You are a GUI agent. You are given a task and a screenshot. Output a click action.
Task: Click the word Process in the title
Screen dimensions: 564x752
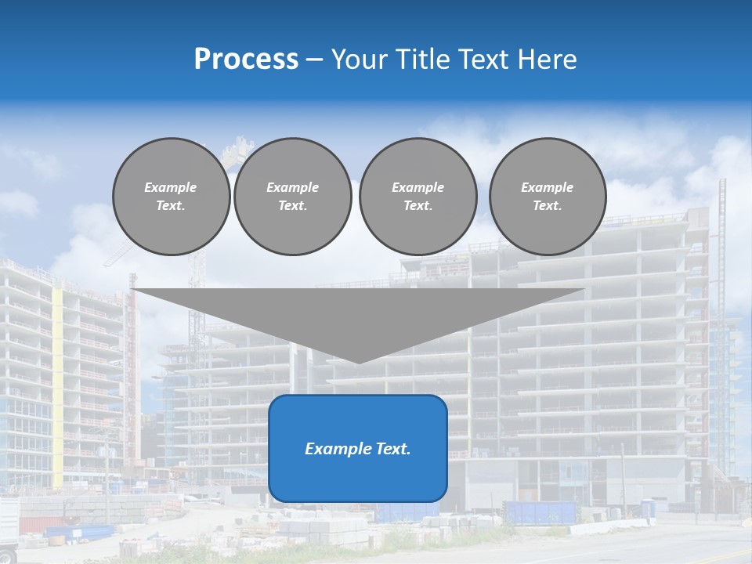tap(246, 60)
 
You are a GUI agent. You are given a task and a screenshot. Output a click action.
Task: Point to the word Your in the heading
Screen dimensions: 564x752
tap(360, 60)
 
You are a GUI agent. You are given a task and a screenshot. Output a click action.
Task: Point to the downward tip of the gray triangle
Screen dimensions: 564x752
tap(359, 360)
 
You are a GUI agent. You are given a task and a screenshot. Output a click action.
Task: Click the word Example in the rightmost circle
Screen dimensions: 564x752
tap(547, 187)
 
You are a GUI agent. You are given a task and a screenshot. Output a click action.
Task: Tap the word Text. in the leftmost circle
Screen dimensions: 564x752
tap(172, 206)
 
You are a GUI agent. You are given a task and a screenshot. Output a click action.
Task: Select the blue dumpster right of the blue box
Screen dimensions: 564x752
tap(541, 513)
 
